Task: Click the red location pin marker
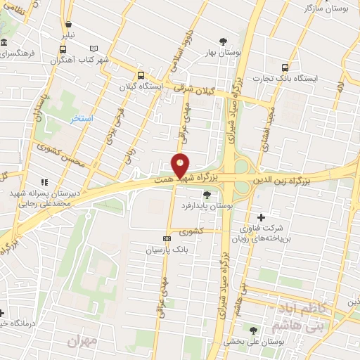point(181,165)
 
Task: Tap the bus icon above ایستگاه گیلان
point(141,75)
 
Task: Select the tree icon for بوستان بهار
point(224,41)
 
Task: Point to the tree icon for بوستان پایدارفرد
point(206,195)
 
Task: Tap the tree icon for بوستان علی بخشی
point(253,330)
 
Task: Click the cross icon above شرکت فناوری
point(262,217)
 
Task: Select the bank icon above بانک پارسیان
point(166,238)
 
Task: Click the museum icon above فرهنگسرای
point(4,41)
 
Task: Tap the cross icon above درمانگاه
point(2,312)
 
